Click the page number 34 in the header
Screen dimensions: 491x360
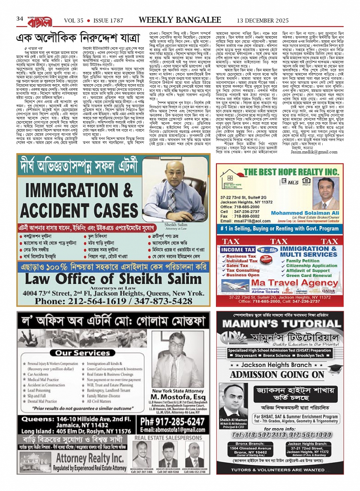click(20, 19)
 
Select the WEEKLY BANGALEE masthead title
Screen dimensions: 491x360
click(180, 20)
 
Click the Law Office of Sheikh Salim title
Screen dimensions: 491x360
click(113, 279)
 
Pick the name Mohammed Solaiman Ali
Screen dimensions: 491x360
click(305, 213)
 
